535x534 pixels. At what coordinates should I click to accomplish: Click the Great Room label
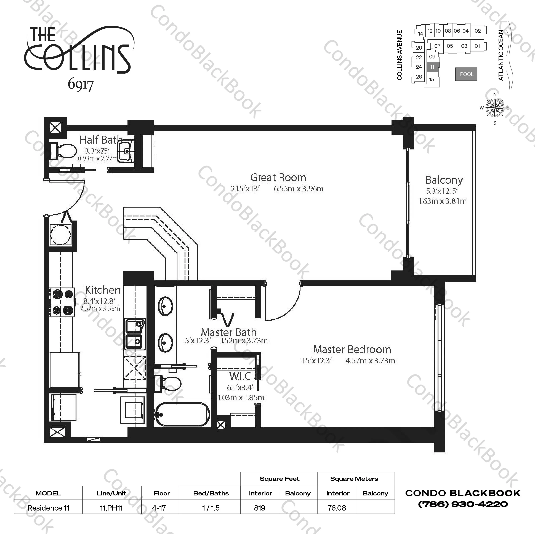click(278, 178)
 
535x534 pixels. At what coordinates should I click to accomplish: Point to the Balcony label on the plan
click(444, 180)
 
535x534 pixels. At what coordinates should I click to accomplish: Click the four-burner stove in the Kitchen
click(62, 302)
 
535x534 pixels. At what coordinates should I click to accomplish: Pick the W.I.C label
click(240, 376)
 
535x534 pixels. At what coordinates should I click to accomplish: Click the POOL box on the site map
click(466, 74)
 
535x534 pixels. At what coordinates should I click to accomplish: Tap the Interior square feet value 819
click(260, 508)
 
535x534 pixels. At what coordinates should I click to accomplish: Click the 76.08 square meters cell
click(337, 508)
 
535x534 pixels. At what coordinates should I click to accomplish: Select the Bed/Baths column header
click(211, 493)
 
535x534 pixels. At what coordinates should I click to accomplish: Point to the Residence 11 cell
click(48, 508)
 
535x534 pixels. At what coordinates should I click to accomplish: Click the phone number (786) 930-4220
click(463, 504)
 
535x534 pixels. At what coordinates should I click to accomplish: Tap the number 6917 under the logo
click(81, 85)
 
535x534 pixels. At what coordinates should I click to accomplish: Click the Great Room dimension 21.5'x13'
click(245, 189)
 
